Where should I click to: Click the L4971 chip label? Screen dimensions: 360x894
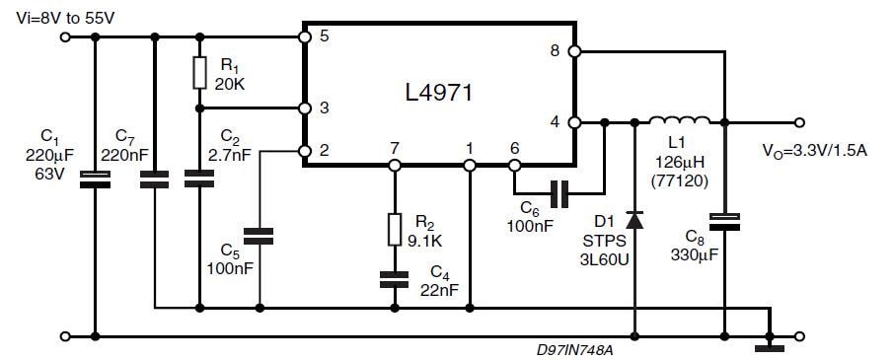[x=439, y=95]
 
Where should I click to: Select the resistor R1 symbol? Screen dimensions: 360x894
[x=199, y=72]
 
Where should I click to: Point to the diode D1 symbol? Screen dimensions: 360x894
[x=633, y=220]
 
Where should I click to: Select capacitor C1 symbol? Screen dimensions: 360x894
[x=95, y=179]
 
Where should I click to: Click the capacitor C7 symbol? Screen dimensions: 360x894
[x=155, y=180]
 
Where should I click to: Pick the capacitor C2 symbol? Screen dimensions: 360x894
[x=199, y=179]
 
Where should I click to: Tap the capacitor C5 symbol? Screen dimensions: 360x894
[x=260, y=236]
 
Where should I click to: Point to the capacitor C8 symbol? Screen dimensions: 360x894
[x=724, y=220]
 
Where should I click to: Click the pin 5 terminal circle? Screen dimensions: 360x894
[x=305, y=37]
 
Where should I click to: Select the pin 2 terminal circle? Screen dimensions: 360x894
[x=305, y=151]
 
